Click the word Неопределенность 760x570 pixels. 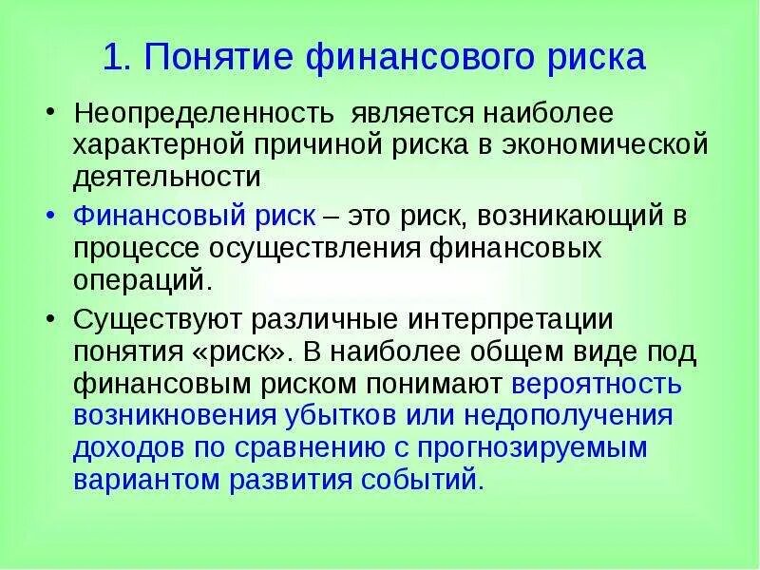(x=203, y=114)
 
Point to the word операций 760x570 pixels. (x=138, y=280)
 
